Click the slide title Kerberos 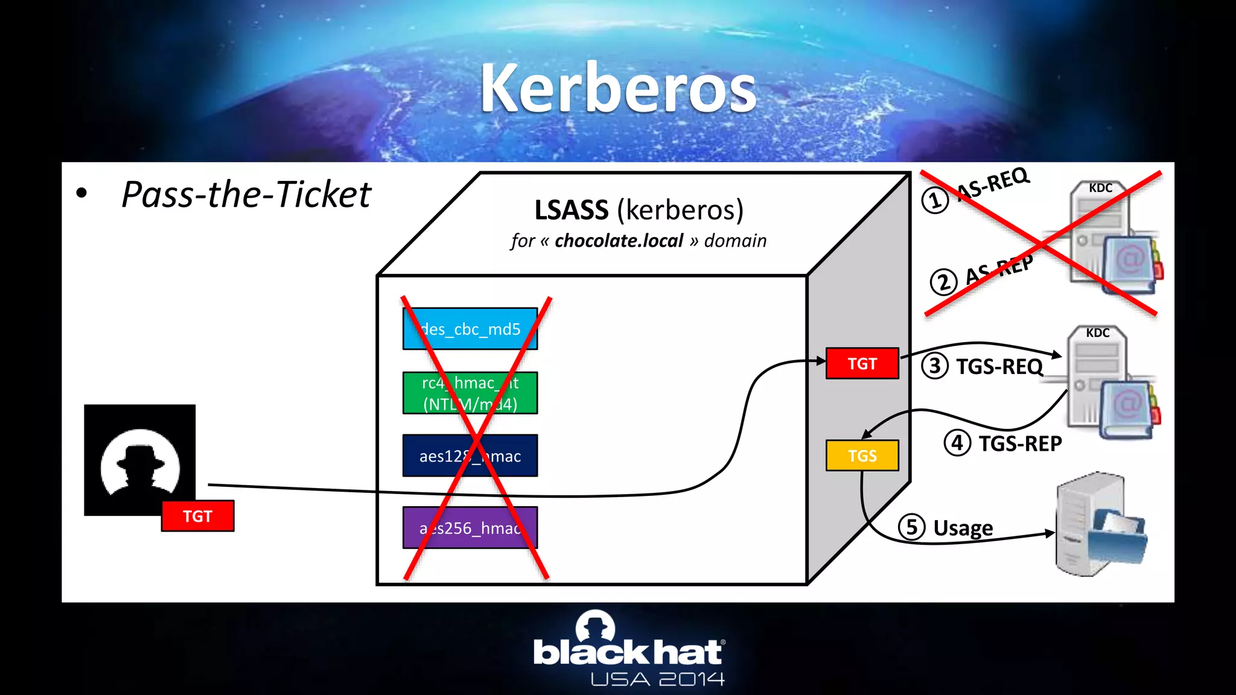(618, 89)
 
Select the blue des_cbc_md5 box (470, 329)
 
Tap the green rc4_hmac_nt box (470, 393)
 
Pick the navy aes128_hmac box (470, 456)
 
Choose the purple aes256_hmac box (470, 528)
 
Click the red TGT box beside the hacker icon (197, 516)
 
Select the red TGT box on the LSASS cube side (862, 364)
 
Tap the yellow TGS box (862, 455)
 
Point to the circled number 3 (935, 366)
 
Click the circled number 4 (957, 443)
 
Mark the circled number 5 (911, 527)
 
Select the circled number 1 (935, 200)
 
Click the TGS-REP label (1020, 443)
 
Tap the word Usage (963, 528)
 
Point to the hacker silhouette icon (139, 460)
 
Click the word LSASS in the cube (571, 210)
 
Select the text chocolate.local (619, 241)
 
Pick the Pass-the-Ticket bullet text (246, 194)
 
